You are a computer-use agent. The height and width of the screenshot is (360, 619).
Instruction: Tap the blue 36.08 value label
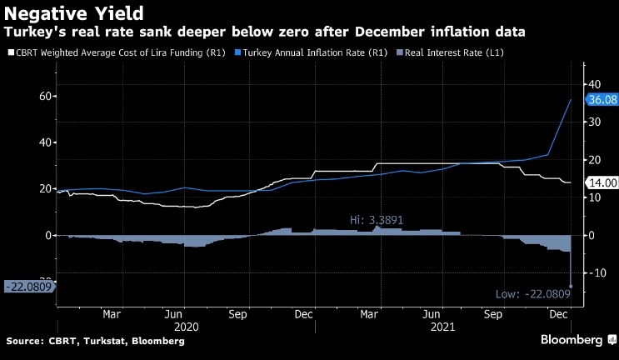pos(602,99)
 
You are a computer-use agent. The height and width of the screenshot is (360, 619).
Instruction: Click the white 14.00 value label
pos(602,182)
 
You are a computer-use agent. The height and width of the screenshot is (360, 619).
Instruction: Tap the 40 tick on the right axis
pos(595,84)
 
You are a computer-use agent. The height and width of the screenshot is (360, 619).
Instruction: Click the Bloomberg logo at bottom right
pos(572,340)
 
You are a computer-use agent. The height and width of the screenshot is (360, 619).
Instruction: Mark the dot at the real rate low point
pos(570,286)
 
